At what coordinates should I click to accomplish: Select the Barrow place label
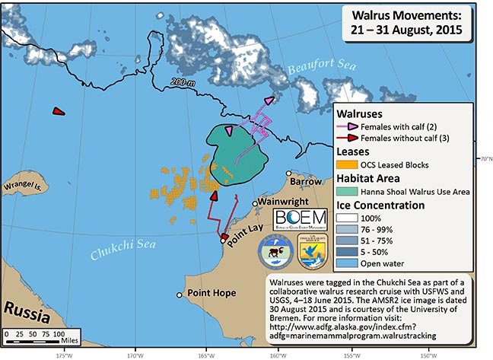[x=307, y=181]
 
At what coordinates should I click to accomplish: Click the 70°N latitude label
[x=484, y=158]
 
